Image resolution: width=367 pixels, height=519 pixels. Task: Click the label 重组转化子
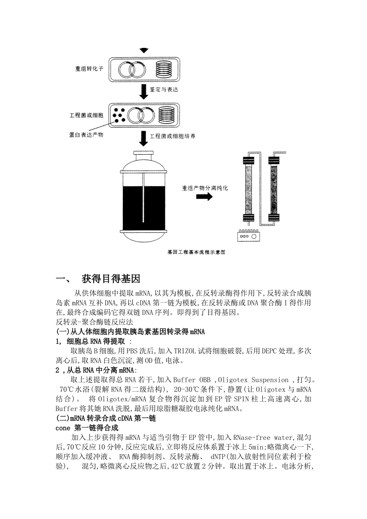pos(89,70)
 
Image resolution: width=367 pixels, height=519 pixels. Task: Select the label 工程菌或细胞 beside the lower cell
pos(87,115)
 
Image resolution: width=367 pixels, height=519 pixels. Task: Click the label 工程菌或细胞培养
pos(172,136)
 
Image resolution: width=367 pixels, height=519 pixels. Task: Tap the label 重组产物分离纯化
pos(205,188)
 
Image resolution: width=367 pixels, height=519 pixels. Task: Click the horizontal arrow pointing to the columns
pos(204,197)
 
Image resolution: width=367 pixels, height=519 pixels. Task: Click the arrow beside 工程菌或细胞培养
pos(143,138)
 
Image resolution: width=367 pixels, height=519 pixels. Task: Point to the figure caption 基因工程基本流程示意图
pos(196,252)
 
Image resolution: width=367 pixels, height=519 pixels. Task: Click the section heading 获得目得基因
pos(111,279)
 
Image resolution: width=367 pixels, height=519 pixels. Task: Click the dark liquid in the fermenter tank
pos(143,208)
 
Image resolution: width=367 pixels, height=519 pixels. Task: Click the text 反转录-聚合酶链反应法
pos(94,322)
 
